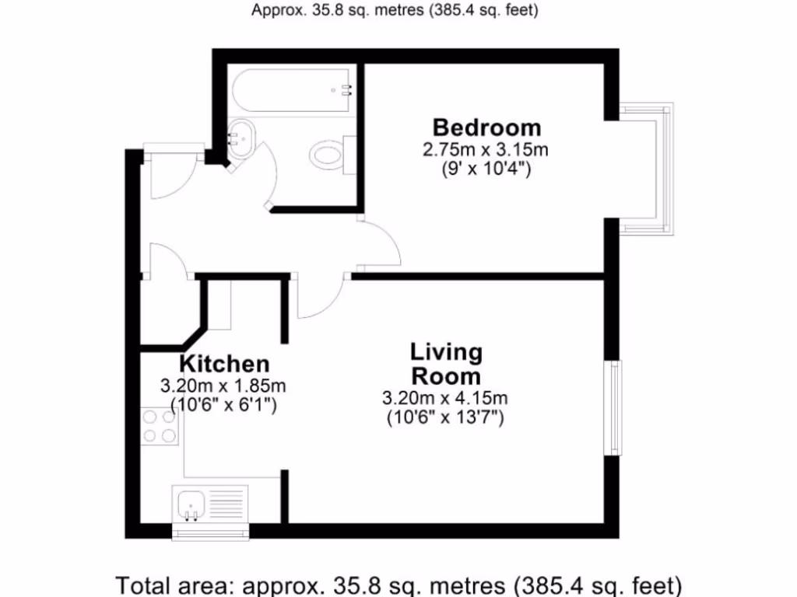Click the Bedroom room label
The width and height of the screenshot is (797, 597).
486,127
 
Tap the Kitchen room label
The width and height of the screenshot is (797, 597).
225,364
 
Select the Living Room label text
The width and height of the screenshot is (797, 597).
446,365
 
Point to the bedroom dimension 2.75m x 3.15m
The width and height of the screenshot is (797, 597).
486,149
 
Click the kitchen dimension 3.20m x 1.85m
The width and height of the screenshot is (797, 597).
223,385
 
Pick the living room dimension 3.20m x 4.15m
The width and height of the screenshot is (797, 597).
445,399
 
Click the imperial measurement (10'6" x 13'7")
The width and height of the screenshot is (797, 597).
445,417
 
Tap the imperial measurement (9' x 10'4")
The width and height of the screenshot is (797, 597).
486,168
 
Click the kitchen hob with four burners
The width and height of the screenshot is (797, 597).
159,426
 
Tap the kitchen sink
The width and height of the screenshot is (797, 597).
190,506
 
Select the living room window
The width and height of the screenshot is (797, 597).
615,408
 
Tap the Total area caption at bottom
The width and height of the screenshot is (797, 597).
398,584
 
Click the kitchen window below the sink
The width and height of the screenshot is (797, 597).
210,532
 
